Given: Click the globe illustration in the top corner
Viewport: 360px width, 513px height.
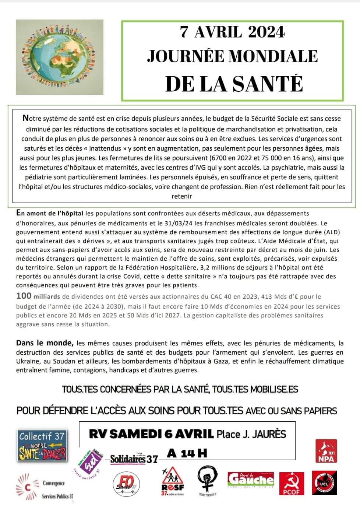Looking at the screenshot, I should [x=60, y=57].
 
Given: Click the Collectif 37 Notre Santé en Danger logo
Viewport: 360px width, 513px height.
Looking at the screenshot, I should [x=43, y=446].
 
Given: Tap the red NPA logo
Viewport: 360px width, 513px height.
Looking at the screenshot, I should [x=326, y=451].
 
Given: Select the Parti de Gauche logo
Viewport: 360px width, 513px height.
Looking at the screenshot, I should [x=251, y=479].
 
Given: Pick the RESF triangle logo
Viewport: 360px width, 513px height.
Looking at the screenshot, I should [x=172, y=481].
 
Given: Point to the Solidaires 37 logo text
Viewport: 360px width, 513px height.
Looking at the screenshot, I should [x=134, y=459].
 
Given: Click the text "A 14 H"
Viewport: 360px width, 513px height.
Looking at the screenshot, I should [x=187, y=453].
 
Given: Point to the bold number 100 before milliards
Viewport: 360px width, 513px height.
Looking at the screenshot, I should [x=24, y=296].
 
